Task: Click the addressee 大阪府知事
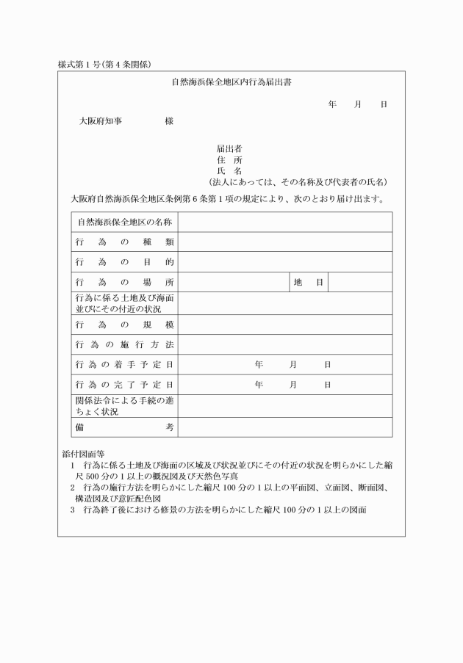pyautogui.click(x=101, y=120)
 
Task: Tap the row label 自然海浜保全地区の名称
pyautogui.click(x=124, y=222)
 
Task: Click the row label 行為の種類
pyautogui.click(x=124, y=242)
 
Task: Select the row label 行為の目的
pyautogui.click(x=124, y=261)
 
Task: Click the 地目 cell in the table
pyautogui.click(x=308, y=282)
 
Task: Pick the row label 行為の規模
pyautogui.click(x=124, y=324)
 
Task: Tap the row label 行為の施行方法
pyautogui.click(x=124, y=344)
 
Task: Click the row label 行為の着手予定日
pyautogui.click(x=124, y=364)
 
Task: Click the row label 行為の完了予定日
pyautogui.click(x=124, y=384)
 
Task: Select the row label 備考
pyautogui.click(x=124, y=427)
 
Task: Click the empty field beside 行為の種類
pyautogui.click(x=285, y=242)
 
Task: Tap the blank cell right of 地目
pyautogui.click(x=360, y=282)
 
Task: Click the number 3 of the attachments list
pyautogui.click(x=73, y=510)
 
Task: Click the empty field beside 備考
pyautogui.click(x=285, y=427)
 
